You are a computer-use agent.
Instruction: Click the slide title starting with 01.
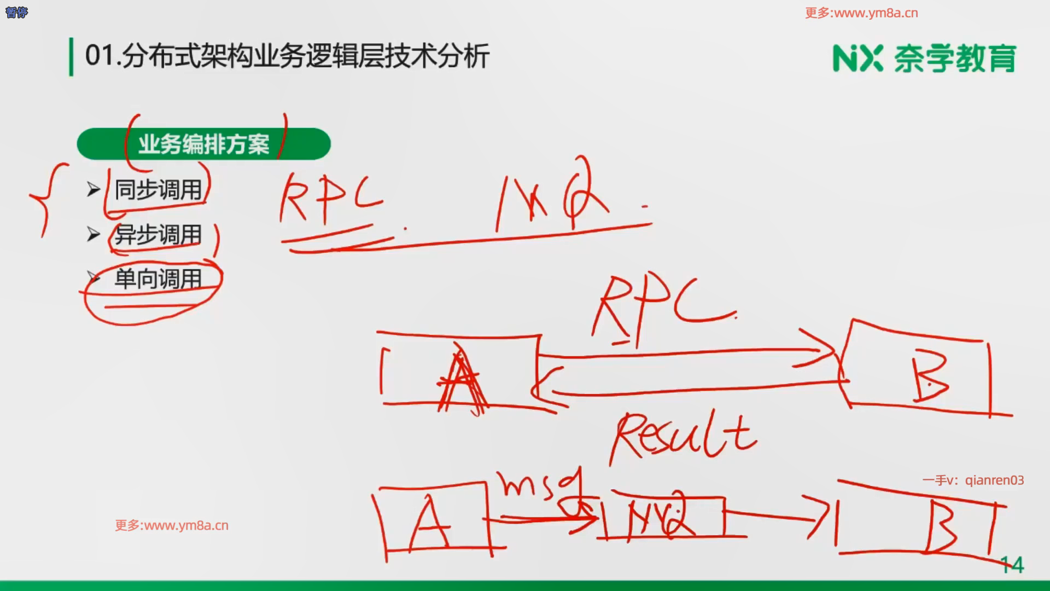coord(287,56)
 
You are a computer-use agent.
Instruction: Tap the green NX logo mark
coord(857,59)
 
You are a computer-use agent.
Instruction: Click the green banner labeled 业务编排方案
coord(203,144)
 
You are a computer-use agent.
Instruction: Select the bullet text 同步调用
coord(158,190)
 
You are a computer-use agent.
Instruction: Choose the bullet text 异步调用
coord(158,235)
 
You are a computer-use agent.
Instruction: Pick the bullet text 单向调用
coord(158,279)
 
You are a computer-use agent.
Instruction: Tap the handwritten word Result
coord(684,438)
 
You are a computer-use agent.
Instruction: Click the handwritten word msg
coord(539,484)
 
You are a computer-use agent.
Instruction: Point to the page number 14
coord(1012,565)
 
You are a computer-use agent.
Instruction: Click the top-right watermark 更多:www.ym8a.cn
coord(861,13)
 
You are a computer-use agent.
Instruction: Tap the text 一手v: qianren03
coord(973,480)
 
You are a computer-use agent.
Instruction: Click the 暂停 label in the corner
coord(16,12)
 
